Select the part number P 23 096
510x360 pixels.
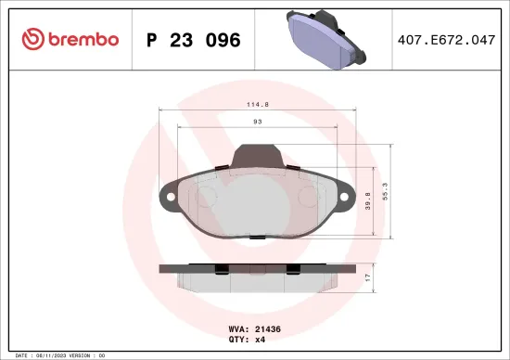[x=194, y=40]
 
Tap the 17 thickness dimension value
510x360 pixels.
[x=367, y=277]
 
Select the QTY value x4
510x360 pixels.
[x=261, y=340]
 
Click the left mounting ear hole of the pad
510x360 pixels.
[x=168, y=198]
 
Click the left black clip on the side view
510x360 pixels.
[x=223, y=270]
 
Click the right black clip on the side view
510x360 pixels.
[x=293, y=270]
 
